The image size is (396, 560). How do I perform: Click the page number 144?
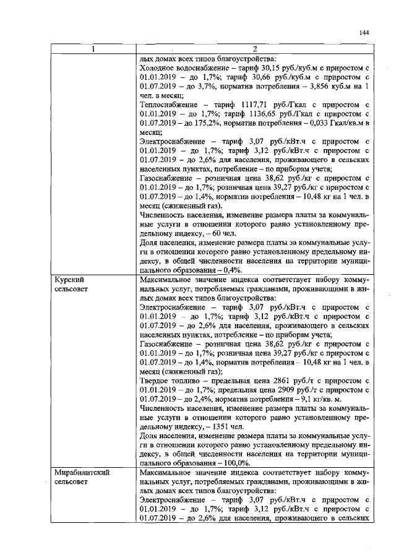tap(364, 33)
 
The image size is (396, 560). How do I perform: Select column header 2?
tap(254, 50)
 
